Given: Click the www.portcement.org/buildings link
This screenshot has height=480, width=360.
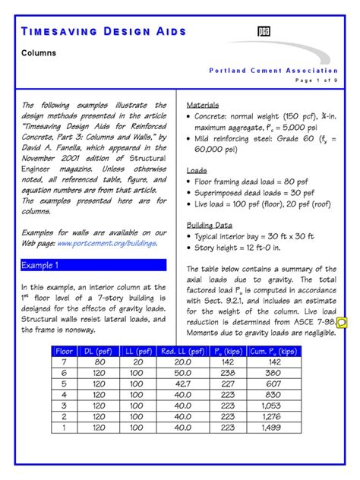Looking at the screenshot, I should [106, 243].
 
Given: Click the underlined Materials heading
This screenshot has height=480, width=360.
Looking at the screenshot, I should [203, 105].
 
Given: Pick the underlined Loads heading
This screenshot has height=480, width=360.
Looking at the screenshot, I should [197, 171].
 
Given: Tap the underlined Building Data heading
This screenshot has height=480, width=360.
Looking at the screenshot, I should [210, 226].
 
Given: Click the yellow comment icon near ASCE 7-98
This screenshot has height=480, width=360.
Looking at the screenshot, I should [342, 324].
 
